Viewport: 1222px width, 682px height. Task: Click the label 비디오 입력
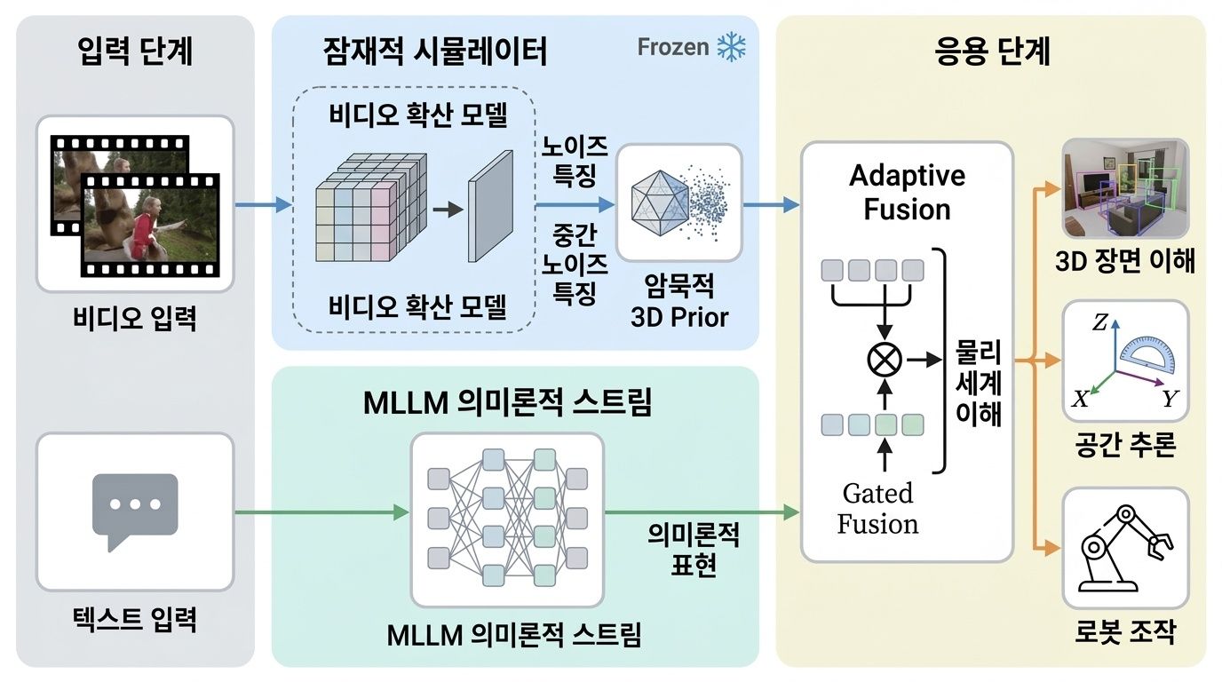135,317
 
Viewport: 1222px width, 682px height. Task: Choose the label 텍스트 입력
135,618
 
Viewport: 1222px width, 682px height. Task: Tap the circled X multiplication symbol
883,360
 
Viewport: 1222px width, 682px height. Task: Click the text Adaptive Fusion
907,192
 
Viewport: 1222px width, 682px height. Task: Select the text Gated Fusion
877,508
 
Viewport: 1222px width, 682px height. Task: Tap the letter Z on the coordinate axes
1099,324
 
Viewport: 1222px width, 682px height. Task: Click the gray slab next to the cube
490,206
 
